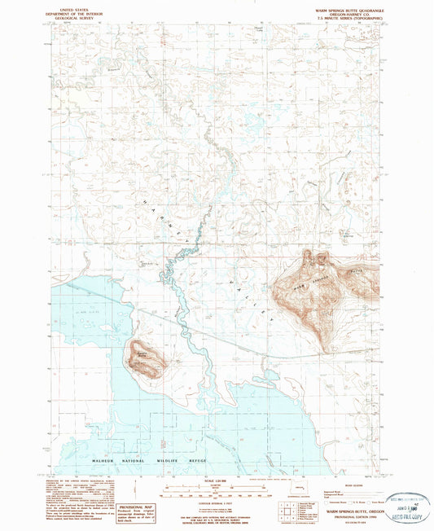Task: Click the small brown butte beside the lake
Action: click(145, 358)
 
